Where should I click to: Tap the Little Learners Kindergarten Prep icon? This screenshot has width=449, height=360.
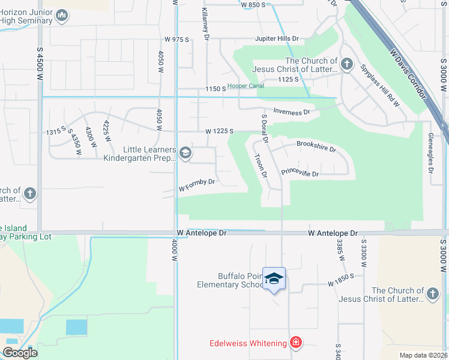[x=185, y=154]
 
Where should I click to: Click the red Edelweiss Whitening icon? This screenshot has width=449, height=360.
[x=295, y=343]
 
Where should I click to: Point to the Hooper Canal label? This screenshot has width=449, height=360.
[x=246, y=86]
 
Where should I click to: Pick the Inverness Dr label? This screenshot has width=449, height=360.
[x=291, y=112]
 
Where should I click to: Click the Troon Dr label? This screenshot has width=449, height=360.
[x=260, y=166]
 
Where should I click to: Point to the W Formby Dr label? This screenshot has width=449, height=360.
[x=197, y=185]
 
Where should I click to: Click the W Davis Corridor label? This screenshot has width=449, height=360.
[x=408, y=74]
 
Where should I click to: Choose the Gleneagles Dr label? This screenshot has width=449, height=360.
[x=431, y=154]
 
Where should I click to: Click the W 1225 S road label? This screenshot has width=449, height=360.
[x=218, y=131]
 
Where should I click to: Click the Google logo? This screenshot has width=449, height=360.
[x=20, y=353]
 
